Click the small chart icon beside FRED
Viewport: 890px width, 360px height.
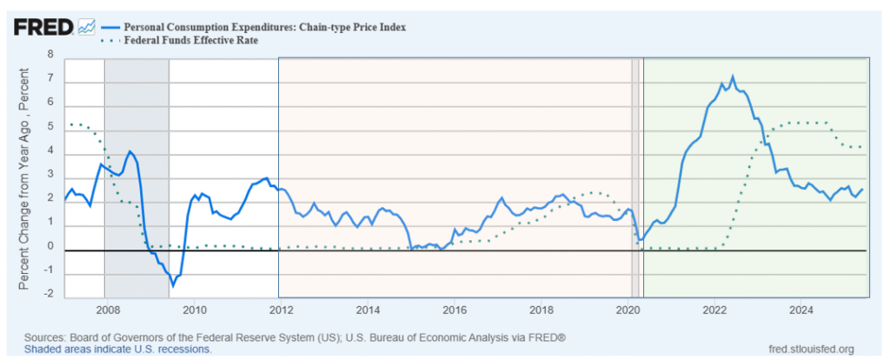tap(86, 27)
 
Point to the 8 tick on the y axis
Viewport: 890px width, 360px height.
tap(50, 54)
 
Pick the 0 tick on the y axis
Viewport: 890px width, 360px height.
tap(50, 247)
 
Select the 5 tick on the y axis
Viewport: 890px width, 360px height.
tap(50, 127)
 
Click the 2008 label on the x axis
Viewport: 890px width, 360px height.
tap(106, 310)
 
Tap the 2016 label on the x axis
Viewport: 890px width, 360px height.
tap(454, 310)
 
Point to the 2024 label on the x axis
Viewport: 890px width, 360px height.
tap(801, 310)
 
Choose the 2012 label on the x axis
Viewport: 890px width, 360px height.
tap(280, 310)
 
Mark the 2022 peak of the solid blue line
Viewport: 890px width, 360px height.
tap(732, 77)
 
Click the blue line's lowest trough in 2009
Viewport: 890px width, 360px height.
tap(173, 285)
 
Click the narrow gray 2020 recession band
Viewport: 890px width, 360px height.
tap(635, 174)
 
